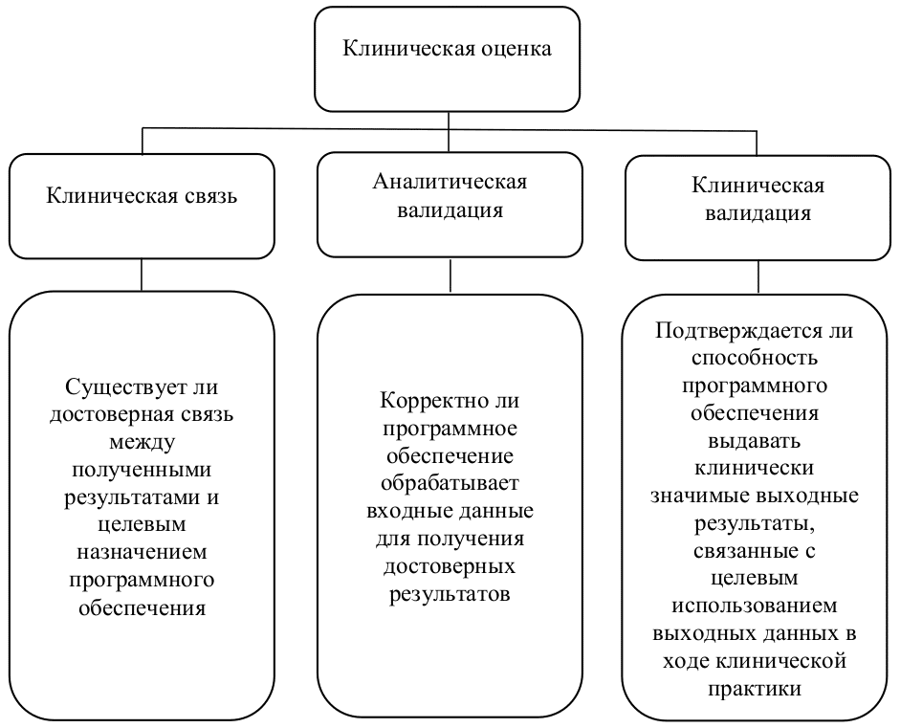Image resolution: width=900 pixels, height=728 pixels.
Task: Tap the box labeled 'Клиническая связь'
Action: pos(142,205)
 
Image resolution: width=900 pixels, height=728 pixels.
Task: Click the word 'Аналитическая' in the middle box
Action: pos(450,182)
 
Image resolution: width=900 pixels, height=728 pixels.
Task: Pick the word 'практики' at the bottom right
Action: pos(756,688)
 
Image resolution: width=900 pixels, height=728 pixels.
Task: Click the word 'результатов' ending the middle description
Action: pos(450,593)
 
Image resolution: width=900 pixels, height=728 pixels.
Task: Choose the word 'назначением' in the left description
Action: pos(142,555)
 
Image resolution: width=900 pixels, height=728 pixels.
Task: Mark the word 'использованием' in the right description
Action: pos(756,606)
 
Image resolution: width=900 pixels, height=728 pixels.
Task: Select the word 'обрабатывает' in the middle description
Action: pos(450,482)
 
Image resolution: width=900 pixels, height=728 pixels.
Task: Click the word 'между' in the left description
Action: pos(142,445)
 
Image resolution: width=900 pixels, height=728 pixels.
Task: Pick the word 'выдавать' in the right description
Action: pos(756,443)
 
